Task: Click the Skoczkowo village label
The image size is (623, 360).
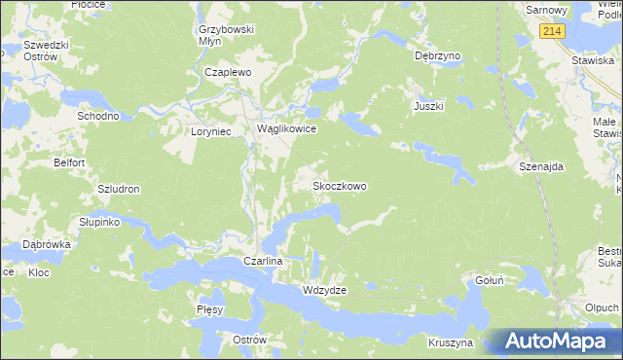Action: pyautogui.click(x=339, y=185)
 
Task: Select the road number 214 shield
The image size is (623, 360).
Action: pyautogui.click(x=554, y=32)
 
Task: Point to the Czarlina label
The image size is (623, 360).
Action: pyautogui.click(x=262, y=262)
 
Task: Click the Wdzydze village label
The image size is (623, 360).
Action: pyautogui.click(x=325, y=290)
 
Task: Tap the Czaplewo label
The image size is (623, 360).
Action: pyautogui.click(x=228, y=72)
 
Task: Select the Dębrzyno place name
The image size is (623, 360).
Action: pyautogui.click(x=436, y=56)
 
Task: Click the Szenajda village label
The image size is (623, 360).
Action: pyautogui.click(x=542, y=166)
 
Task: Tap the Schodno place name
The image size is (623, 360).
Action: pyautogui.click(x=98, y=115)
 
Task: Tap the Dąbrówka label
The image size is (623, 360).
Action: pyautogui.click(x=47, y=245)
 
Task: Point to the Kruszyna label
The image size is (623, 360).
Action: pyautogui.click(x=450, y=342)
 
